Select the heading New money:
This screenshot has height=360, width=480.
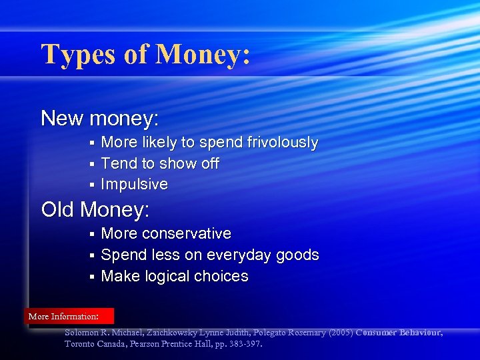pos(100,119)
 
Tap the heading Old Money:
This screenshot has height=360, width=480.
pos(95,210)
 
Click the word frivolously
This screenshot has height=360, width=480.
pos(283,143)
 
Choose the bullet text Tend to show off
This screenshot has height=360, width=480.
pos(159,163)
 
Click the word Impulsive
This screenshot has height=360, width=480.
pos(134,184)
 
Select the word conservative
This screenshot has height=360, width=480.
pos(187,234)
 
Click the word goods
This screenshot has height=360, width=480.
pos(301,255)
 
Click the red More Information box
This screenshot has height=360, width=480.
pos(69,316)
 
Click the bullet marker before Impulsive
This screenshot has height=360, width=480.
pos(93,185)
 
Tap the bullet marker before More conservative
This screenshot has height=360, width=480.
pos(93,235)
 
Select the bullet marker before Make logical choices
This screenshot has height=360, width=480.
pos(93,277)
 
